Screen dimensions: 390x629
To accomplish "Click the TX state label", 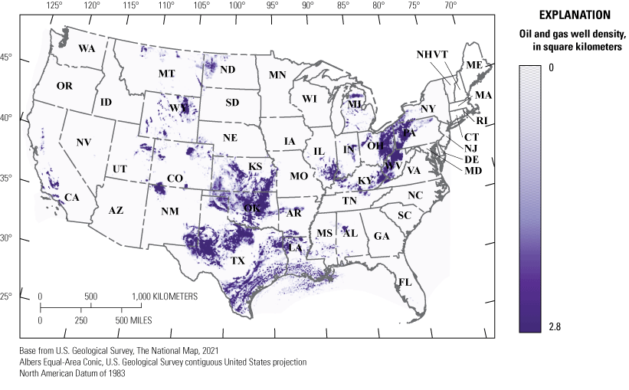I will coord(238,261).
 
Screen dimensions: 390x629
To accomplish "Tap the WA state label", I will coord(87,48).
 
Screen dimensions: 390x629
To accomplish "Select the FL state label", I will coord(405,282).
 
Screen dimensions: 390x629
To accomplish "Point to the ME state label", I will coord(474,65).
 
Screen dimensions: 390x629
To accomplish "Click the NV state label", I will coord(84,143).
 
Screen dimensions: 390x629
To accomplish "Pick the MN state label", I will coord(277,75).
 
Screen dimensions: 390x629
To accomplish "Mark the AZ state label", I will coord(116,210).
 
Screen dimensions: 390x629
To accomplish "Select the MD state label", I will coord(473,170).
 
